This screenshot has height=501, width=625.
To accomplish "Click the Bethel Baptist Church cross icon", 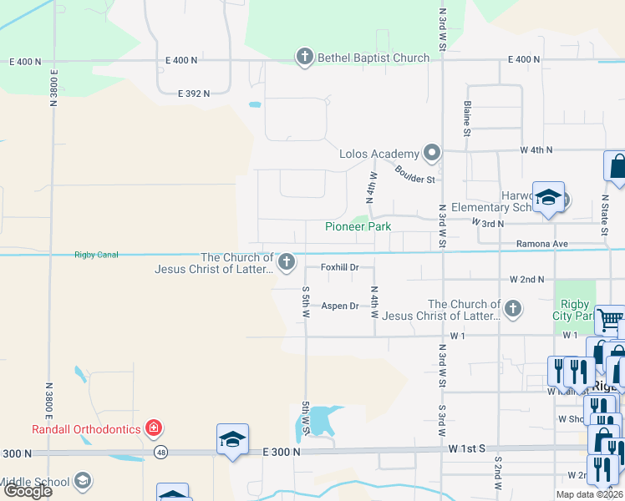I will (304, 57).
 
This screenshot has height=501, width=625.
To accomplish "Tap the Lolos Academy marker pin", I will (431, 153).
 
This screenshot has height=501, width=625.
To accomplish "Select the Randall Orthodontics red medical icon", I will (154, 429).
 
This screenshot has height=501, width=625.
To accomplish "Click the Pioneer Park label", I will (358, 226).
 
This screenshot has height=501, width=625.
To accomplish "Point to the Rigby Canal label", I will (97, 255).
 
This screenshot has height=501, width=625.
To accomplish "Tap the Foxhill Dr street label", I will (340, 267).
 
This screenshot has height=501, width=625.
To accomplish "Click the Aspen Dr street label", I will (340, 306).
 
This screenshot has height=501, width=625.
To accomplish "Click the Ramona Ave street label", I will (542, 244).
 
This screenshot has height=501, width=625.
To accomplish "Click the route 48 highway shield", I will (159, 453).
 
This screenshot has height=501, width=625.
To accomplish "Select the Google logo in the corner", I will (28, 491).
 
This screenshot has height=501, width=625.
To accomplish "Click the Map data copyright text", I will (588, 494).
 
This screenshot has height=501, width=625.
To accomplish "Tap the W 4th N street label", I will (536, 150).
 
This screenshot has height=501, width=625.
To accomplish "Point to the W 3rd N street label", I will (488, 223).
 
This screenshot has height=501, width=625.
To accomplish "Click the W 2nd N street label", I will (526, 279).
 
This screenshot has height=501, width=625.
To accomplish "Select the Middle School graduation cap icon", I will (82, 480).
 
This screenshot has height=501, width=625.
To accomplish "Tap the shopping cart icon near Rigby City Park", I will (612, 319).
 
